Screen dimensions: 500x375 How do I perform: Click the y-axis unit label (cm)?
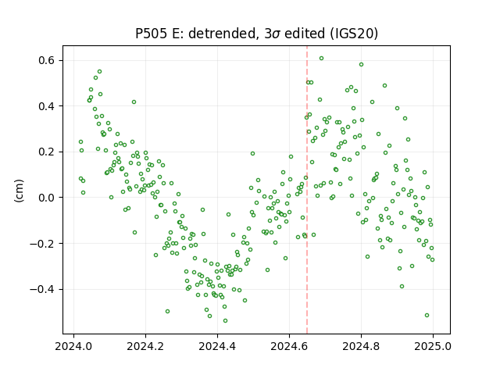click(19, 191)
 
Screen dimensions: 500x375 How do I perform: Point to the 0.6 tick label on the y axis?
click(48, 60)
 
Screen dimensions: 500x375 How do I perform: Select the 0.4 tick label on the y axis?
click(48, 106)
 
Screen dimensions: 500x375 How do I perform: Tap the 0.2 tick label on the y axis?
click(48, 152)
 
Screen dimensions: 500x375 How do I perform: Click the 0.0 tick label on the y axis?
click(48, 198)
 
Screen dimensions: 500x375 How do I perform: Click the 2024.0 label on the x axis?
click(73, 346)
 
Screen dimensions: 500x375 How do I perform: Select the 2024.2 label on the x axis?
click(145, 346)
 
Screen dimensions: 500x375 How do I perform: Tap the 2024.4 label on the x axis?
click(217, 346)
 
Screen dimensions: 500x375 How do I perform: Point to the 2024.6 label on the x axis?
click(289, 346)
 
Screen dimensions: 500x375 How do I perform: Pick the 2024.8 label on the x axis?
click(361, 346)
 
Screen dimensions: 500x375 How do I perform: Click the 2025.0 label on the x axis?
click(433, 346)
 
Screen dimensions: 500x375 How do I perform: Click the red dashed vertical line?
click(307, 190)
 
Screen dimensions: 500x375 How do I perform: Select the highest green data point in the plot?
click(321, 59)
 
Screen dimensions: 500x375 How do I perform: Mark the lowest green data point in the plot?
click(226, 321)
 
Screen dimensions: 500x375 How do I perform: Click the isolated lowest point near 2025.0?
click(427, 316)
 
